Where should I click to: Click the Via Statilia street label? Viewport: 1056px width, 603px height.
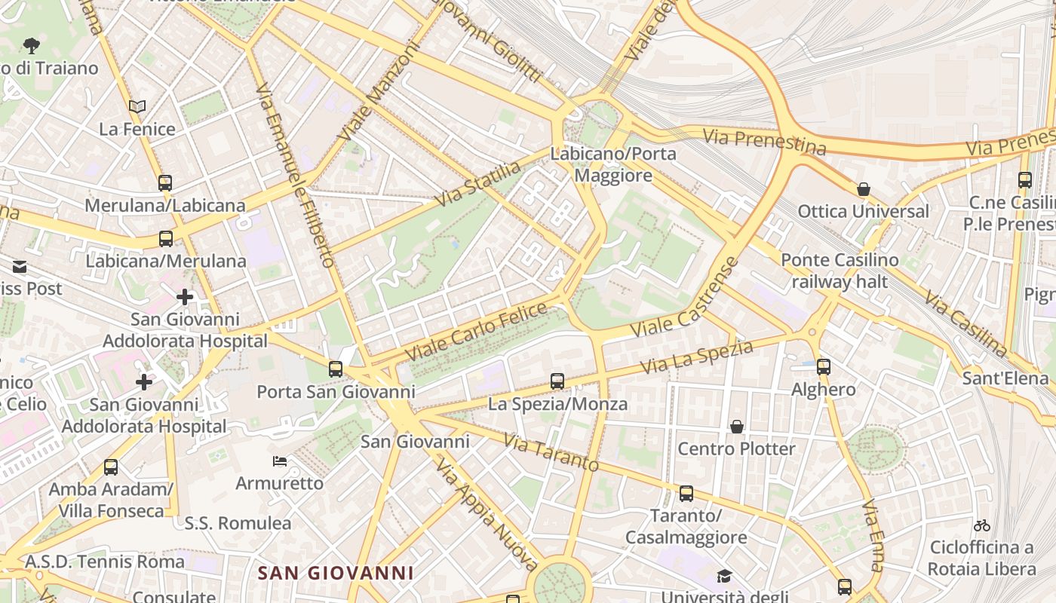click(478, 183)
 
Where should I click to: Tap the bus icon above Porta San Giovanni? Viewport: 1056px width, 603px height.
click(336, 369)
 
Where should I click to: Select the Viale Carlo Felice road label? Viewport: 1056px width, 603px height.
click(476, 332)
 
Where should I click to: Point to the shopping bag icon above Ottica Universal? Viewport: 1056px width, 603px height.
click(864, 189)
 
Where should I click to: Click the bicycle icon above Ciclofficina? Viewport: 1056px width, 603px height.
click(981, 525)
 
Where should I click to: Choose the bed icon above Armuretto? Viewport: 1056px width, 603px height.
click(280, 461)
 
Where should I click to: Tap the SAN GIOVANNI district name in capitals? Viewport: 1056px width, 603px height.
click(336, 573)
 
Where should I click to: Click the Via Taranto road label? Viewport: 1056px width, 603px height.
click(551, 452)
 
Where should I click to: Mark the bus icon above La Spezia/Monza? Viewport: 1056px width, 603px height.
click(557, 381)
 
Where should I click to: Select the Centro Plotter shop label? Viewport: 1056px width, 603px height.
click(736, 449)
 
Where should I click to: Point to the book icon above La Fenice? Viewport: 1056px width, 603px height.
click(137, 107)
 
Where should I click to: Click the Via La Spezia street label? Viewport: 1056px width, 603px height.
click(697, 357)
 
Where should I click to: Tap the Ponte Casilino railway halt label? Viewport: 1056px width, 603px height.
click(840, 271)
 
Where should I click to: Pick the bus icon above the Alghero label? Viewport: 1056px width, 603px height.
click(824, 367)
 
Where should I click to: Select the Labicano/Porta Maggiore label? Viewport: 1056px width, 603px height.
click(613, 164)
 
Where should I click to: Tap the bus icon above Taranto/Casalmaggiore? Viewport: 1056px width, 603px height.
click(686, 494)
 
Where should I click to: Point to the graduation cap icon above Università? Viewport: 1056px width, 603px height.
click(724, 577)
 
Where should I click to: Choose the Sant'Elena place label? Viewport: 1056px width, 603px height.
click(1005, 378)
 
